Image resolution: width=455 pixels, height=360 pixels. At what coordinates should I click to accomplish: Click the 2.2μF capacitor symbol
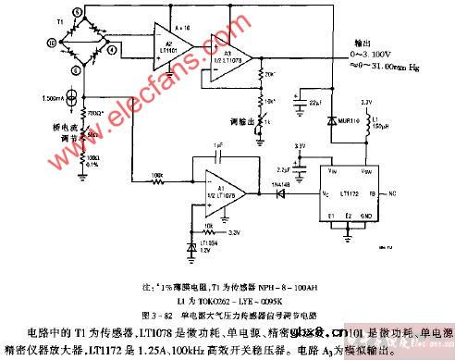point(295,169)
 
